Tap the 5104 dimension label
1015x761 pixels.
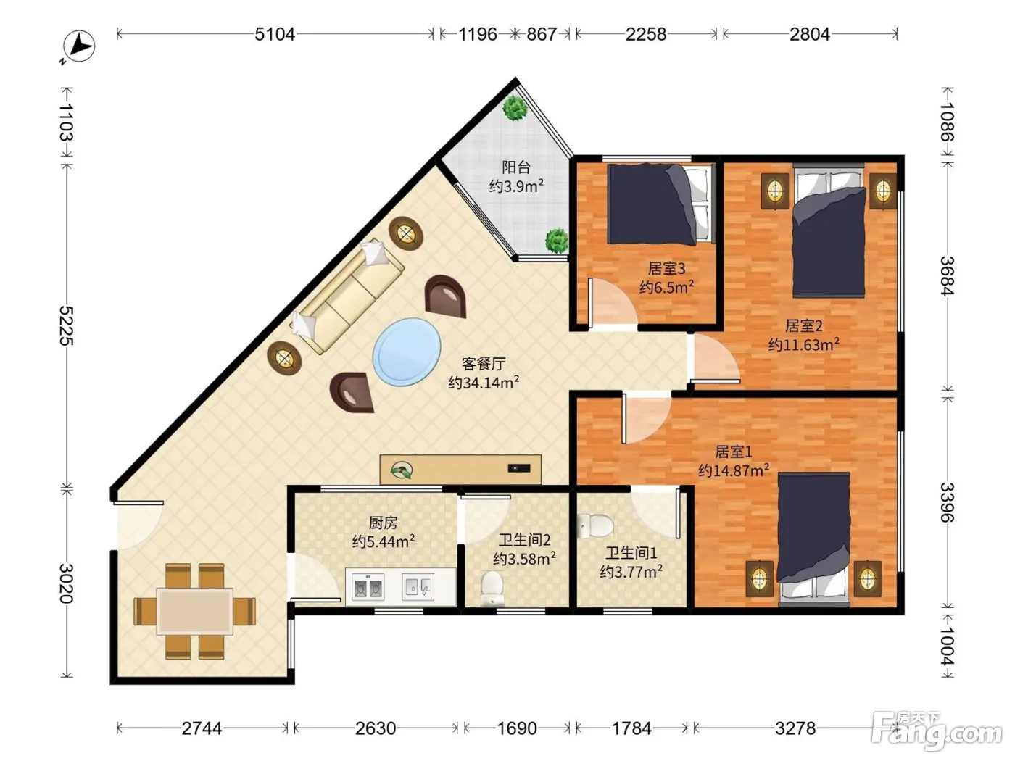tap(275, 34)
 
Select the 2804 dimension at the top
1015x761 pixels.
tap(809, 34)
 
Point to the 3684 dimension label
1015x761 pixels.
tap(947, 275)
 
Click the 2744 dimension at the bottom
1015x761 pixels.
tap(202, 728)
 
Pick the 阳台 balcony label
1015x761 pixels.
tap(516, 167)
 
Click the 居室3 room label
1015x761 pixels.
tap(666, 268)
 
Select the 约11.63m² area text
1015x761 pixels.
tap(804, 345)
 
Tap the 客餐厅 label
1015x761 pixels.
tap(484, 364)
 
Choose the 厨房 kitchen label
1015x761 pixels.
tap(383, 523)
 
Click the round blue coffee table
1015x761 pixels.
tap(407, 352)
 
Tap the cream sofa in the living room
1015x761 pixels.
tap(347, 296)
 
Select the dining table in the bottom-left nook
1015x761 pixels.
tap(195, 611)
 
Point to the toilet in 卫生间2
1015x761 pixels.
tap(492, 589)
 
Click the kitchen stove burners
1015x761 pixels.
tap(368, 587)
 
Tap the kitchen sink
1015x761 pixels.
tap(418, 587)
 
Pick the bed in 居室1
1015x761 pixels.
tap(814, 538)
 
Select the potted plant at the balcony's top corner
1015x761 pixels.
tap(515, 108)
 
